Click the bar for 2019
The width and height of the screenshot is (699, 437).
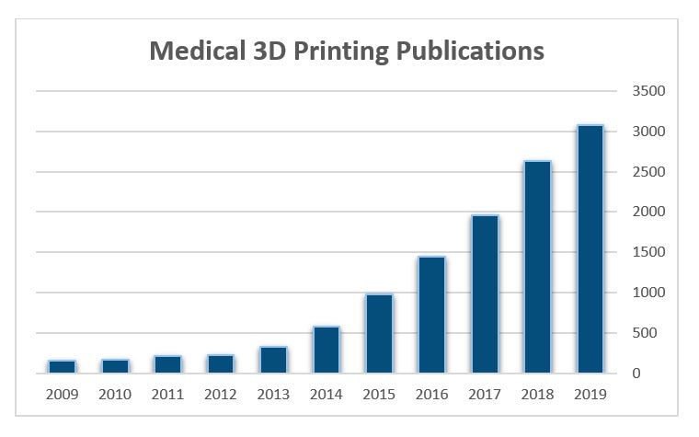(590, 249)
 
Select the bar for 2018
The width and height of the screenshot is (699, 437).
(537, 267)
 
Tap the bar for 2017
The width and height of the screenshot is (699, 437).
(484, 294)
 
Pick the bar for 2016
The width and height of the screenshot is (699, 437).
(431, 315)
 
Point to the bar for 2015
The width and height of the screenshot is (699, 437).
(379, 333)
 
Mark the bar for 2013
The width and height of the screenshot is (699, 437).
(273, 360)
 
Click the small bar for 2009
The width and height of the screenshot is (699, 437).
(63, 366)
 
